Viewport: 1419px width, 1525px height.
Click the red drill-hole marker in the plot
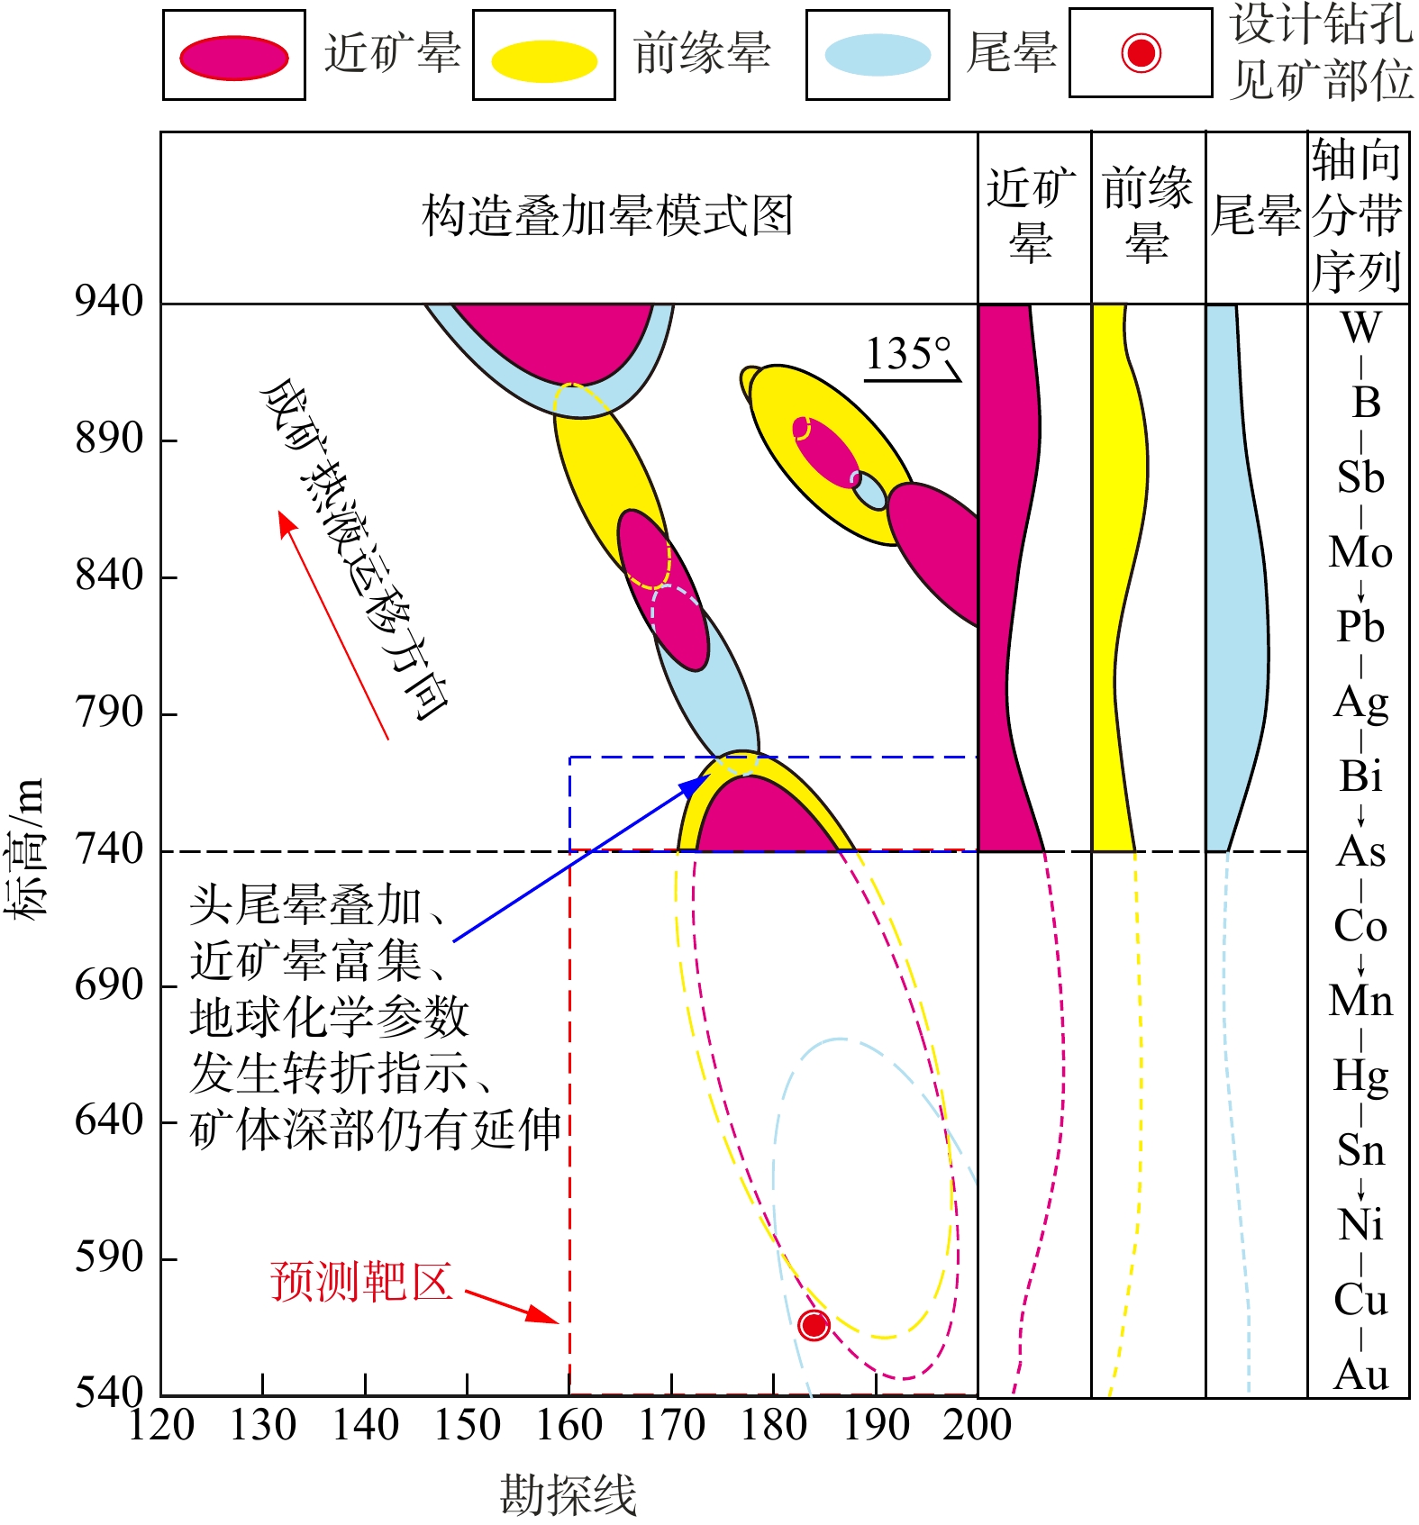point(814,1324)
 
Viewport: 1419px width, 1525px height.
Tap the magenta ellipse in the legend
point(234,58)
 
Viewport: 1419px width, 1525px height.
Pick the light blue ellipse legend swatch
point(878,55)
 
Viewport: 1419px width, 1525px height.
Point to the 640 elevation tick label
point(109,1121)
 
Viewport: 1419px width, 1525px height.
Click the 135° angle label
point(908,353)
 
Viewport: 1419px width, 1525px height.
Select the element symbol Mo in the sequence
point(1360,552)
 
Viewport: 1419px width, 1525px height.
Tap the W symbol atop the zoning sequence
point(1360,327)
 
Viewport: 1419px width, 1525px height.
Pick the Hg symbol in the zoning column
point(1360,1076)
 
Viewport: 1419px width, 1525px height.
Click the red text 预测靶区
point(360,1281)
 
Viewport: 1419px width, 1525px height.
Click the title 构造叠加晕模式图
point(607,216)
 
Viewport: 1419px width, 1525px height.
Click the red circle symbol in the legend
point(1141,52)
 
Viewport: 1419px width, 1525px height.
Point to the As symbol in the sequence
point(1360,851)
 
